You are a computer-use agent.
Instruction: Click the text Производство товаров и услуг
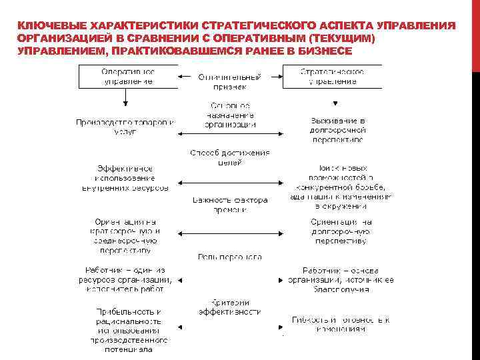tap(125, 127)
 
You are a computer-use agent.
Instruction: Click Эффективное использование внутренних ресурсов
tap(126, 178)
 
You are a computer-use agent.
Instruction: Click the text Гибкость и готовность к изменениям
tap(341, 325)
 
